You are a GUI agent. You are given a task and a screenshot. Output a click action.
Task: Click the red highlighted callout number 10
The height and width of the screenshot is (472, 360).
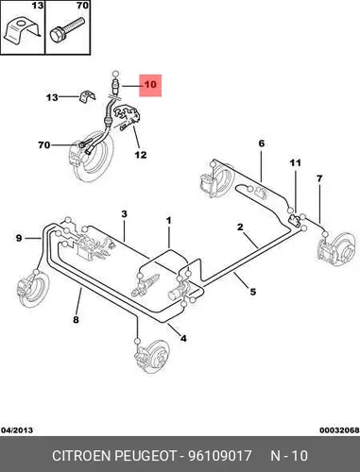150,85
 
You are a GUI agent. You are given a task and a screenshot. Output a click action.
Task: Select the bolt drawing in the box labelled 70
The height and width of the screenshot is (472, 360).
67,29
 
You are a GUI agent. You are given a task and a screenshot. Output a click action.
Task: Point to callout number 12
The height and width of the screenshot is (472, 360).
141,155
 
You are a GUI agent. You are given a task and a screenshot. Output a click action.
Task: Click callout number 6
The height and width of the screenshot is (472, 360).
262,143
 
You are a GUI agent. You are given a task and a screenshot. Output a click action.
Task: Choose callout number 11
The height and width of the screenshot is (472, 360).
296,163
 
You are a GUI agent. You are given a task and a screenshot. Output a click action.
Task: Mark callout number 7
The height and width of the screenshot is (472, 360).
319,179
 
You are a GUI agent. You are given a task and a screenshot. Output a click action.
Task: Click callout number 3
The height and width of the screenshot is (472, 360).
124,214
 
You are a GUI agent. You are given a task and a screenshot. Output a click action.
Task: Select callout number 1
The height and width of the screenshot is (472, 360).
169,221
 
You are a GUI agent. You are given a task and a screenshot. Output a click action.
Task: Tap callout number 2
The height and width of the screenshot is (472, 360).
240,227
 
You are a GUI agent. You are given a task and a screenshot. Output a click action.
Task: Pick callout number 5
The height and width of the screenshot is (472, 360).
253,292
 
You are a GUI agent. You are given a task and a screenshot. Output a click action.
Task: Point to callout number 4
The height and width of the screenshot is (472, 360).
183,338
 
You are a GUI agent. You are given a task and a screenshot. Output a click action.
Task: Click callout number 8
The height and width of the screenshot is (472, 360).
76,320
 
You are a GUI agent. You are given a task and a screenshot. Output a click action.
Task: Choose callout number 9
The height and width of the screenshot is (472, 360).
19,238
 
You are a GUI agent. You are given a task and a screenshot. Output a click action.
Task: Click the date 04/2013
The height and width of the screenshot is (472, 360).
17,430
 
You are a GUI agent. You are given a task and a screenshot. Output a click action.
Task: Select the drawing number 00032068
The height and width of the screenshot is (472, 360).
339,430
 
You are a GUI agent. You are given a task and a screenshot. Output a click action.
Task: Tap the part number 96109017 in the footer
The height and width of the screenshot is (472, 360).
219,456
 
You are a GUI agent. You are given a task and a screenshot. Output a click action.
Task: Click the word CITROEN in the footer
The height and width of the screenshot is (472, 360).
81,456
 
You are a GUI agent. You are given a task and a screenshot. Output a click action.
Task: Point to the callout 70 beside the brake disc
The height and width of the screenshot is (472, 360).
44,145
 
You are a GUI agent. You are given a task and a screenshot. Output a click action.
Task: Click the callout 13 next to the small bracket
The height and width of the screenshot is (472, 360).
52,97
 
